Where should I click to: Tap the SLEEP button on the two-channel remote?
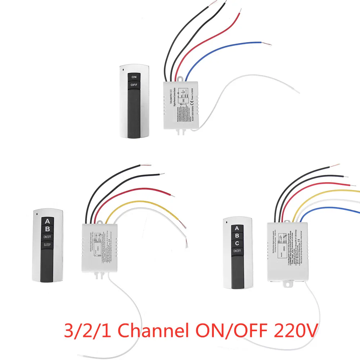pos(48,245)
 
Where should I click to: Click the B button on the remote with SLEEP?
pos(48,229)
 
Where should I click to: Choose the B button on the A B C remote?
pos(237,235)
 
